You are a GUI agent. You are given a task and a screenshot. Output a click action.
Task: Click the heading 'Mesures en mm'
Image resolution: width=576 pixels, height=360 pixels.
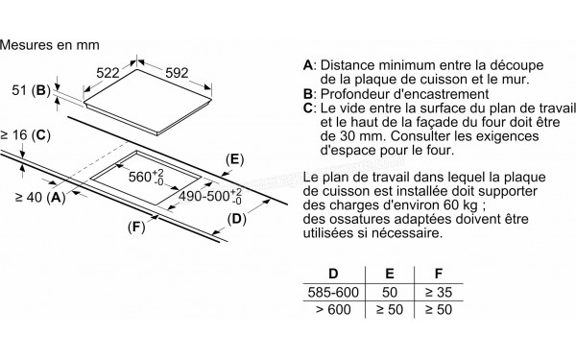pos(53,44)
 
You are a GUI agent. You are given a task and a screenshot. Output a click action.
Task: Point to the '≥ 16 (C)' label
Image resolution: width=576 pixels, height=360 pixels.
pos(27,136)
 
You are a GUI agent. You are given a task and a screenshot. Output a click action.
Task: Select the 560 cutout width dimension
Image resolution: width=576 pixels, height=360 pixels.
pos(145,178)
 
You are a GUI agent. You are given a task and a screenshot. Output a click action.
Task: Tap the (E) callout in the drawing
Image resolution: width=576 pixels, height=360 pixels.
pos(233,158)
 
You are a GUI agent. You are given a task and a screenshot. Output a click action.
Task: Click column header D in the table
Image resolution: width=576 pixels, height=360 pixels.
pos(332,273)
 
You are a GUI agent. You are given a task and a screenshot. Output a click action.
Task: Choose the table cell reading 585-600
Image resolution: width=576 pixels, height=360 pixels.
pos(333,292)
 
